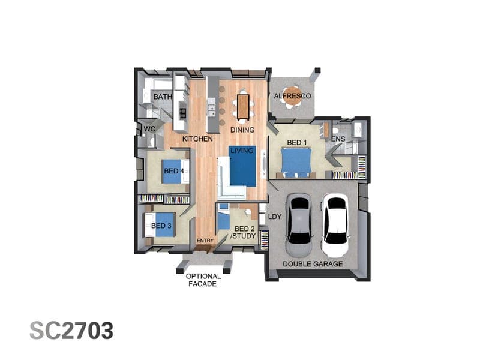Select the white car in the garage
pos(335,225)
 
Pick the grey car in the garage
pos(299,225)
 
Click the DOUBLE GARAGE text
pos(313,264)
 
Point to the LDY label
pos(275,217)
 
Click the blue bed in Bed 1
pos(296,162)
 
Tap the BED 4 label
pos(174,171)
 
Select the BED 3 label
pos(161,226)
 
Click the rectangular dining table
pos(243,107)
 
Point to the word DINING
pos(242,130)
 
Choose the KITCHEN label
pos(197,139)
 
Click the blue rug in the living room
pos(242,166)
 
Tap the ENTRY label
pos(205,241)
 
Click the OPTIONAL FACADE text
pos(203,280)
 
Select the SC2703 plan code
pos(71,331)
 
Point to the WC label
pos(149,129)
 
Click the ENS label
pos(339,139)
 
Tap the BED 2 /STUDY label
pos(243,232)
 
